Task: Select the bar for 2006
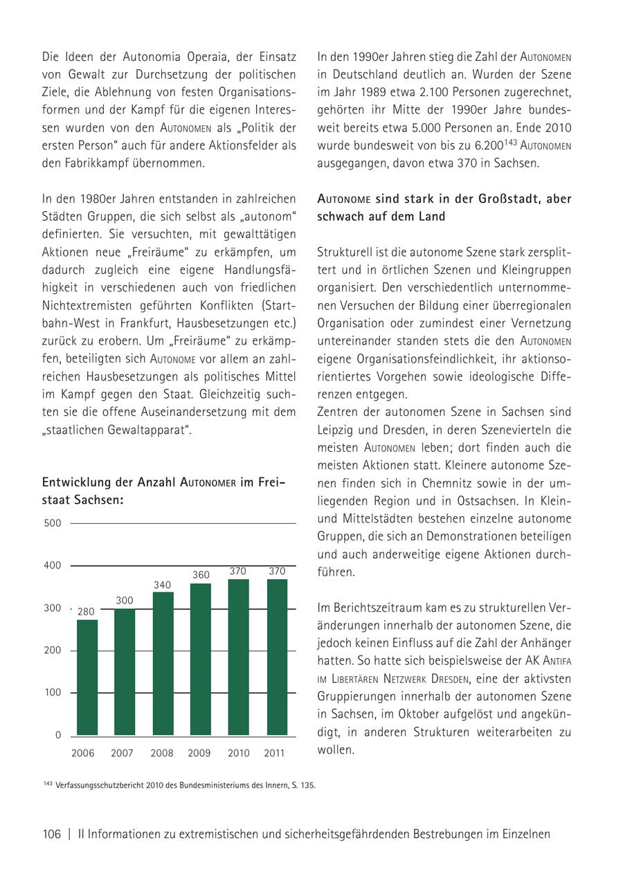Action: point(87,677)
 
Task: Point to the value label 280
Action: point(86,612)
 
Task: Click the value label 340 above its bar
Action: point(162,585)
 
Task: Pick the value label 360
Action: point(201,575)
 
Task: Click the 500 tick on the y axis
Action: point(53,523)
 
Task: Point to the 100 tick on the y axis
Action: point(53,693)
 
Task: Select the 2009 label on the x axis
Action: point(199,753)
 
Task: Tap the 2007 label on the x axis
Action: point(123,753)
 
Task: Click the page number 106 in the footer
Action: point(52,834)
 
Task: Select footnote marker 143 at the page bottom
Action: point(47,784)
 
